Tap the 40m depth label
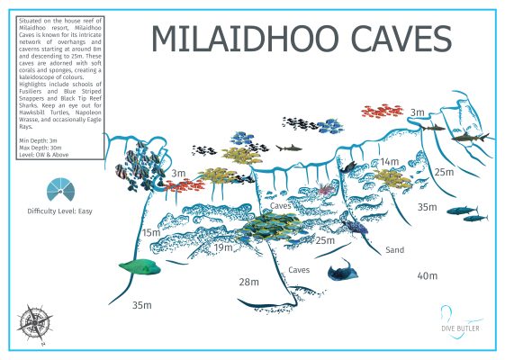click(428, 275)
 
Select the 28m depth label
click(249, 283)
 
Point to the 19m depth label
click(224, 247)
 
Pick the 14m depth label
click(389, 162)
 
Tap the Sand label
click(394, 250)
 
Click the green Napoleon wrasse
click(140, 266)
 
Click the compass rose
click(35, 320)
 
